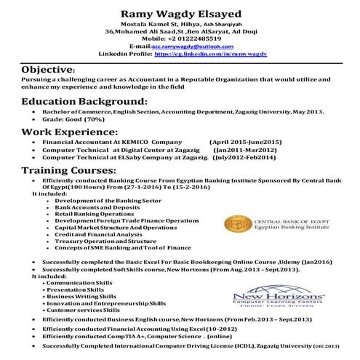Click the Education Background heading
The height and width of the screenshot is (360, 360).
pyautogui.click(x=84, y=101)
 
